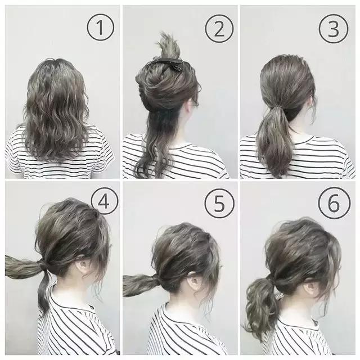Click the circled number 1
click(100, 28)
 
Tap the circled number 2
click(219, 29)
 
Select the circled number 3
click(334, 29)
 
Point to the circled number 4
click(105, 202)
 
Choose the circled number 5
click(219, 204)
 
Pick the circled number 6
click(334, 203)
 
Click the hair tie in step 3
click(280, 107)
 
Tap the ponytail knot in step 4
click(44, 264)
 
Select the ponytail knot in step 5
click(158, 281)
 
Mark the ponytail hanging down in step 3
click(274, 140)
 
